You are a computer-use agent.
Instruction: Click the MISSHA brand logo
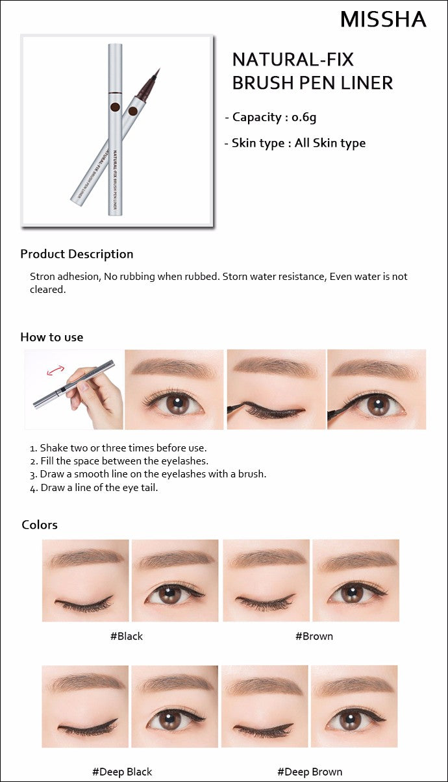(383, 19)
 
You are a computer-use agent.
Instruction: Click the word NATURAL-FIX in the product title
(293, 59)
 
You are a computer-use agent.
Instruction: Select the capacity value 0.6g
(304, 118)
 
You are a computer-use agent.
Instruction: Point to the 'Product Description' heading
(77, 254)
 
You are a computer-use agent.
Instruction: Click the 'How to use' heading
(52, 337)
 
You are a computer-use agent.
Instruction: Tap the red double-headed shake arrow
(55, 371)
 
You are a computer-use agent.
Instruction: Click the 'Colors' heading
(40, 525)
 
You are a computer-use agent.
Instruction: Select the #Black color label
(127, 636)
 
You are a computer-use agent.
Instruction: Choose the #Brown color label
(314, 636)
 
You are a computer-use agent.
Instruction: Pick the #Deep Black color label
(122, 772)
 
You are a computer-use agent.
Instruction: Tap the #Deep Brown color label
(310, 772)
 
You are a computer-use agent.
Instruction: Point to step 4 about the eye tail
(94, 487)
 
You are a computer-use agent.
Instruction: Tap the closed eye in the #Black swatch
(84, 603)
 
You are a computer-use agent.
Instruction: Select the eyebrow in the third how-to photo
(275, 366)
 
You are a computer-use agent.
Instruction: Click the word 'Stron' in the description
(42, 277)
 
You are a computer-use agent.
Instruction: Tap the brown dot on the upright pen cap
(115, 107)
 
